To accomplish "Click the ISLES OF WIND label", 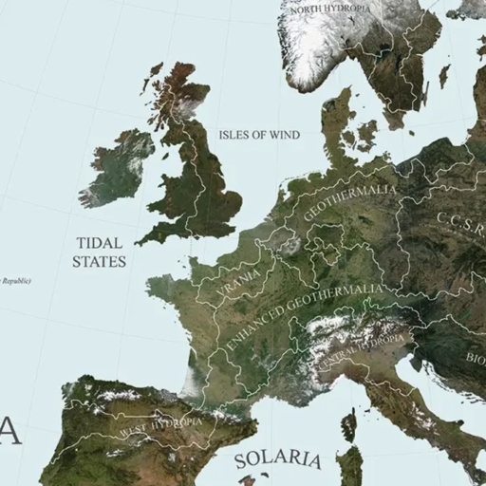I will pos(259,135).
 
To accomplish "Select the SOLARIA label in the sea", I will pos(277,459).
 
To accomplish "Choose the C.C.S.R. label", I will pos(460,229).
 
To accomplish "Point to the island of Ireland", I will pos(119,166).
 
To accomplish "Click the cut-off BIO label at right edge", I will pos(474,358).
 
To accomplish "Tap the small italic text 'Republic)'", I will pos(16,280).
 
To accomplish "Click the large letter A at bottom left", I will pos(9,430).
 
